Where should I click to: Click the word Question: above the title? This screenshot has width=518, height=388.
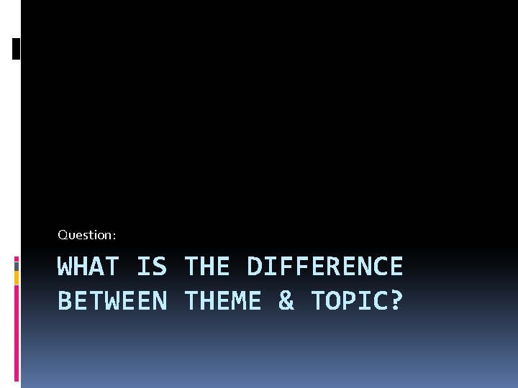(x=86, y=235)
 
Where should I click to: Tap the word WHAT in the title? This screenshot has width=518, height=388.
(x=88, y=267)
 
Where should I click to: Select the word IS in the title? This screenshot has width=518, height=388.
(x=151, y=267)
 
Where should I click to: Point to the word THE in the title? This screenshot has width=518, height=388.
(x=206, y=267)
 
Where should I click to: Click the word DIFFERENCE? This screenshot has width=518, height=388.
(x=324, y=267)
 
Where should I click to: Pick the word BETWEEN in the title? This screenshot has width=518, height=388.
(x=112, y=301)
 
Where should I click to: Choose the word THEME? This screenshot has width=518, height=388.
(x=222, y=301)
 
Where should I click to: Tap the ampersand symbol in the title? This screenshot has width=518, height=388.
(x=286, y=301)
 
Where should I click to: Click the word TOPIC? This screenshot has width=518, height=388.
(x=348, y=301)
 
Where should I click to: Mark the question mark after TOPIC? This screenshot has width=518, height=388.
(x=395, y=301)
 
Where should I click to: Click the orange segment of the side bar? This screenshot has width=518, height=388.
(x=17, y=278)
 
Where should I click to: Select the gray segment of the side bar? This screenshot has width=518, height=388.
(x=17, y=266)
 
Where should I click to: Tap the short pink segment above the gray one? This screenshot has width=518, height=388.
(x=17, y=258)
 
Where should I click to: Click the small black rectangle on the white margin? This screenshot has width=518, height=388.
(x=17, y=48)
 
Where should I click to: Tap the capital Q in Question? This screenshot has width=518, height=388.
(x=62, y=235)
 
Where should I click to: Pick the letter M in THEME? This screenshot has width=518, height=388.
(x=238, y=301)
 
